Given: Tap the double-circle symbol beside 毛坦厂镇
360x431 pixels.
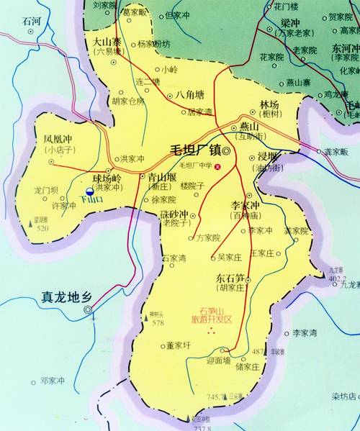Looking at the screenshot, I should [x=228, y=152].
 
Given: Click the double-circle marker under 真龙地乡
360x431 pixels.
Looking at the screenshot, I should [x=89, y=310].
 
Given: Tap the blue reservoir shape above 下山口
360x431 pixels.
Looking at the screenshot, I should [x=89, y=191].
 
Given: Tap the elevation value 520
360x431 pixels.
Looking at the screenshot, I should [x=42, y=228].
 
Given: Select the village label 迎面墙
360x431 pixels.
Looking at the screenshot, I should [x=217, y=360].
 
